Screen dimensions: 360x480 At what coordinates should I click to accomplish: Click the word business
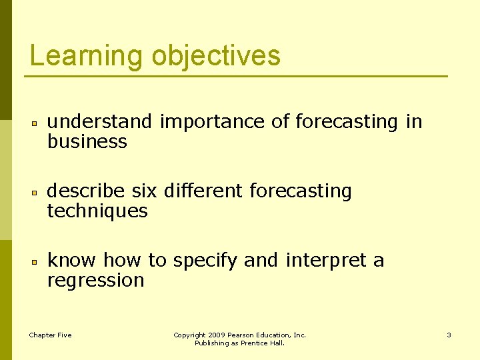(87, 141)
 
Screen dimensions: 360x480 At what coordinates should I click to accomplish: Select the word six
(144, 191)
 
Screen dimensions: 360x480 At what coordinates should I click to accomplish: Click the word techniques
(97, 211)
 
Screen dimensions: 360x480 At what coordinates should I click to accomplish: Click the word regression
(95, 281)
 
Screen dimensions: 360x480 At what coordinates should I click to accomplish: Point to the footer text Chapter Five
(50, 335)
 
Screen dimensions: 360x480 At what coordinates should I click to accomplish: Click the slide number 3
(449, 335)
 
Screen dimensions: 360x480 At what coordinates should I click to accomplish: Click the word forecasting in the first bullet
(347, 121)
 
